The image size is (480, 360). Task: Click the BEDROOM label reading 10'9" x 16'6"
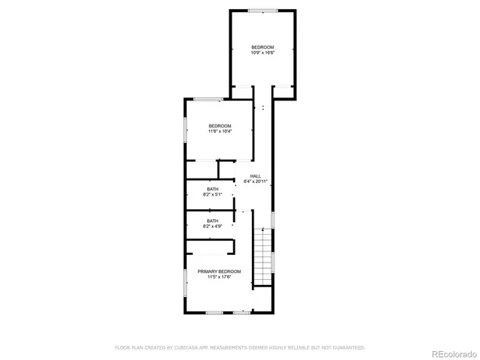pyautogui.click(x=262, y=46)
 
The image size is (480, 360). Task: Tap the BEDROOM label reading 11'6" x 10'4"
pyautogui.click(x=220, y=125)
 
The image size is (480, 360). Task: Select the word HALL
pyautogui.click(x=256, y=176)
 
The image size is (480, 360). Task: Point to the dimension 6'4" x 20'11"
pyautogui.click(x=256, y=181)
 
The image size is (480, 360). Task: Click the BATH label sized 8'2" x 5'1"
pyautogui.click(x=213, y=188)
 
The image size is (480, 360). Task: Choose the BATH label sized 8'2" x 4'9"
pyautogui.click(x=213, y=220)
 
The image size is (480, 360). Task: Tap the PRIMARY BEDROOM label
pyautogui.click(x=220, y=271)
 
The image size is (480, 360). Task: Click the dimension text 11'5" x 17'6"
pyautogui.click(x=220, y=277)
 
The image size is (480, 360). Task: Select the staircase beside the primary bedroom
pyautogui.click(x=262, y=255)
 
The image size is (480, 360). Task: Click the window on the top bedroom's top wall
pyautogui.click(x=262, y=10)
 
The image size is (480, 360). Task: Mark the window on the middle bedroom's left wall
pyautogui.click(x=185, y=128)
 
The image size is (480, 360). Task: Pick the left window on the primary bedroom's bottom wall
pyautogui.click(x=214, y=312)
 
